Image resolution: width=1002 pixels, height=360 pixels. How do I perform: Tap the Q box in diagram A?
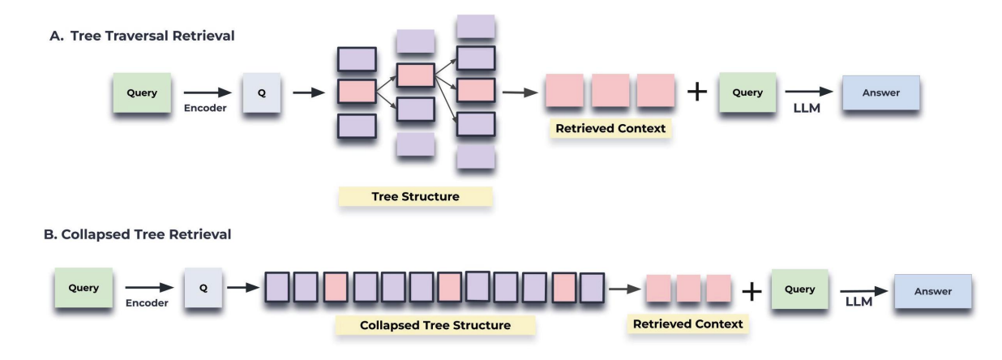pos(261,92)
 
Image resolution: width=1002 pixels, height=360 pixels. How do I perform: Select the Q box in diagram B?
pos(203,288)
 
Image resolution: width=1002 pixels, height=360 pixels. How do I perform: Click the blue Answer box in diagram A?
pos(881,92)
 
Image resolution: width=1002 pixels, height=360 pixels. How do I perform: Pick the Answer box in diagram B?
pos(932,291)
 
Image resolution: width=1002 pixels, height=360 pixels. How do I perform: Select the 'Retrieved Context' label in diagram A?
pos(610,128)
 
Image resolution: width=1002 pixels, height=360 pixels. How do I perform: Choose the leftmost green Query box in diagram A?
pos(141,92)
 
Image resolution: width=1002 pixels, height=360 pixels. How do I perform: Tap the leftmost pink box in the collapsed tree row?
pos(336,287)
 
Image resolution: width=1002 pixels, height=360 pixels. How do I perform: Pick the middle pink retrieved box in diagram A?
pos(610,92)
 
